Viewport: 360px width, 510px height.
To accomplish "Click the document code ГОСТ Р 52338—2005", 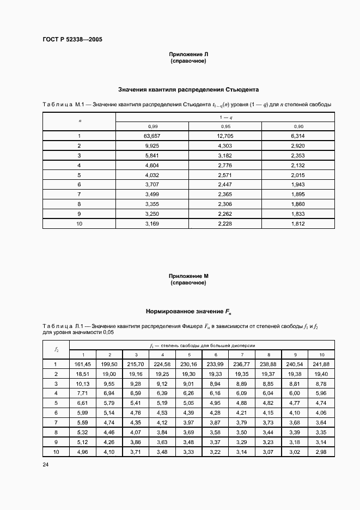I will (72, 39).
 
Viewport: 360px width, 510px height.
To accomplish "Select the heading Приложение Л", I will (188, 54).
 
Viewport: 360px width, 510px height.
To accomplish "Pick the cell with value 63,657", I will (152, 135).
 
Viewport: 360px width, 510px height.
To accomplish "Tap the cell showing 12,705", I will (225, 135).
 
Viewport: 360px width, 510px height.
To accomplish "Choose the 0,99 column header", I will (152, 126).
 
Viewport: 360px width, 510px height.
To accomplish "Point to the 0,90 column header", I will (297, 126).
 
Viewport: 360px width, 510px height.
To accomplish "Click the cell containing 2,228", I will (225, 223).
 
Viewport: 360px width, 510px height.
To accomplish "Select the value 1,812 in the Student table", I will (297, 223).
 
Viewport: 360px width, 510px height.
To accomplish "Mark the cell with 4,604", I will (152, 165).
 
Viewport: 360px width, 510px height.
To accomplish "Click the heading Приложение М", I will (188, 277).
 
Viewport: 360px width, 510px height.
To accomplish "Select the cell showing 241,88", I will (322, 364).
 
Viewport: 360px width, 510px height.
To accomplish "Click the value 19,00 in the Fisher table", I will (109, 374).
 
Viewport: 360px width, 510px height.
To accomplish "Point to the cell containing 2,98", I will (322, 452).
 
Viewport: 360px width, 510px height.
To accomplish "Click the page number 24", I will (45, 465).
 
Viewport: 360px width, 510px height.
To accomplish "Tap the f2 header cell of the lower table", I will (56, 349).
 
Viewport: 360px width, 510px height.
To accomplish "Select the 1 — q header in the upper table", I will (225, 117).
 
